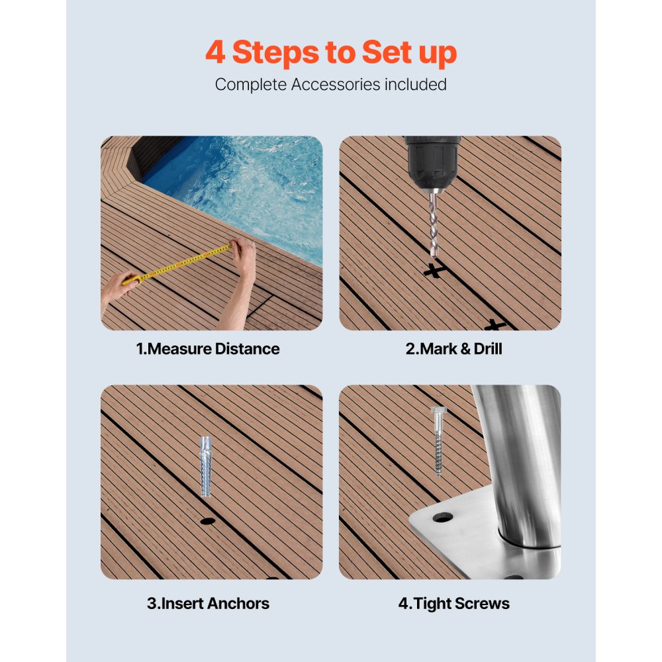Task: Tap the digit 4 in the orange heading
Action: tap(215, 53)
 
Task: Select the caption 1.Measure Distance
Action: tap(208, 349)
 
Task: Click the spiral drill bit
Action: tap(434, 222)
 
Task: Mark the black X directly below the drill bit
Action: tap(434, 270)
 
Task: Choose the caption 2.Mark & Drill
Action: tap(453, 349)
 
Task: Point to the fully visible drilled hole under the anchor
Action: tap(208, 521)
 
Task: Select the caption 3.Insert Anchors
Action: tap(208, 603)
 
